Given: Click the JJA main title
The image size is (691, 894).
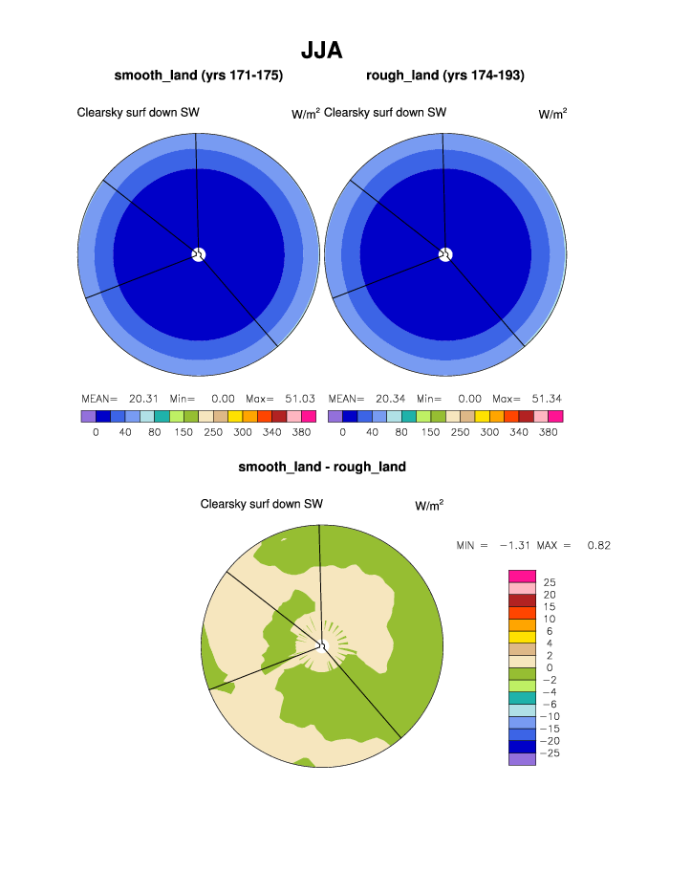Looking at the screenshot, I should pyautogui.click(x=321, y=50).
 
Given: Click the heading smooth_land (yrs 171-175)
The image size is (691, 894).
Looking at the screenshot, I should pyautogui.click(x=199, y=76).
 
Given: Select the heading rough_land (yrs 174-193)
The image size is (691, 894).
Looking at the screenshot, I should pyautogui.click(x=445, y=76).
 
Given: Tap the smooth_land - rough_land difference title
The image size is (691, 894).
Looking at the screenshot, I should pyautogui.click(x=322, y=468).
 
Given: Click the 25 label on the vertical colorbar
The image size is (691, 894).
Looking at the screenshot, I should pyautogui.click(x=550, y=582).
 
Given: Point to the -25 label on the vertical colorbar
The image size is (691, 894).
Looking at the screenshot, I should pyautogui.click(x=548, y=753).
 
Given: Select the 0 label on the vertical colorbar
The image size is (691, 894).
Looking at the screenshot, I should pyautogui.click(x=549, y=667).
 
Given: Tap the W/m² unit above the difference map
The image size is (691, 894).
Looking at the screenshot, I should pyautogui.click(x=429, y=505).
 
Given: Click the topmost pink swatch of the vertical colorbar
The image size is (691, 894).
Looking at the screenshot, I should pyautogui.click(x=522, y=576).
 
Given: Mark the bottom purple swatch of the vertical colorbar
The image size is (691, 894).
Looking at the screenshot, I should pyautogui.click(x=522, y=759).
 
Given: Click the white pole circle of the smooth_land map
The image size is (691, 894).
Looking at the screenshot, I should pyautogui.click(x=199, y=253).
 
